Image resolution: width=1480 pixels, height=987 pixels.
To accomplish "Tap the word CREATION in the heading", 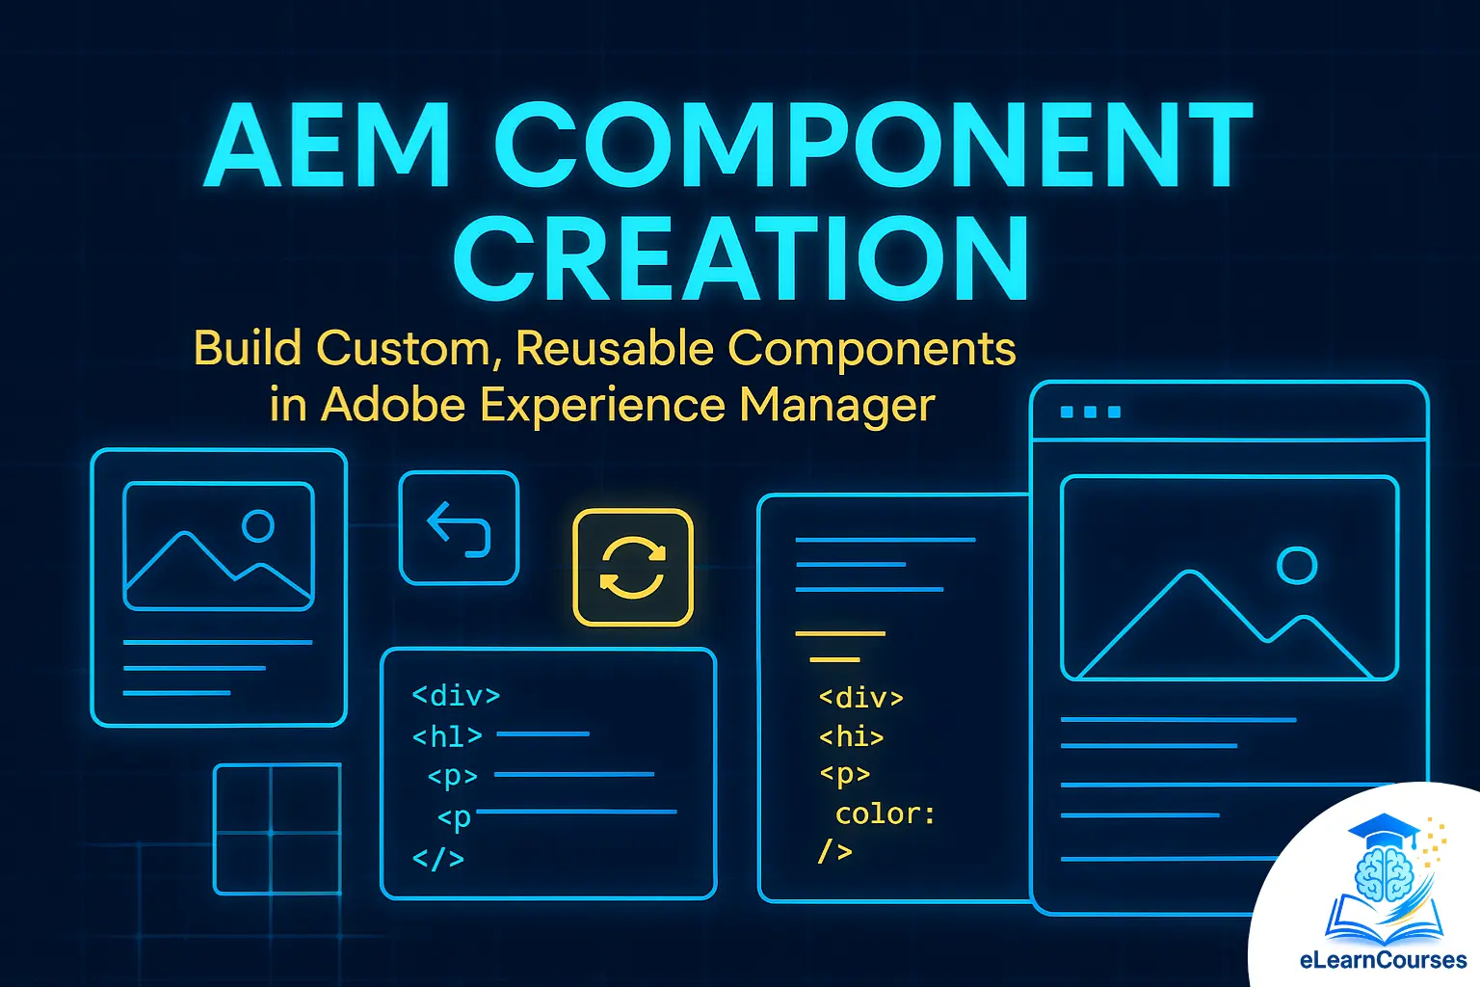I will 741,258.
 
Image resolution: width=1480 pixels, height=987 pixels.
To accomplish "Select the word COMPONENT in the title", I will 873,147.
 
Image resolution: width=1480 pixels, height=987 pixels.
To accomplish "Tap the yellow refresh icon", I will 633,568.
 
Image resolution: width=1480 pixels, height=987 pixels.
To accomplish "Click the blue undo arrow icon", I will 459,528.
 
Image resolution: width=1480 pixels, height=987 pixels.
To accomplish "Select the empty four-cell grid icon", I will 277,829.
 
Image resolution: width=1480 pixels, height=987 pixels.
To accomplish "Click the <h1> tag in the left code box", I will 446,736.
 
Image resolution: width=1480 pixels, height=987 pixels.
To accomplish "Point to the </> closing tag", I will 437,858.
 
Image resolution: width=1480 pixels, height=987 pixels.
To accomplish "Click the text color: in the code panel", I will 885,814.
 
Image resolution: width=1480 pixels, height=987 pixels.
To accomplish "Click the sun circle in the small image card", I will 258,525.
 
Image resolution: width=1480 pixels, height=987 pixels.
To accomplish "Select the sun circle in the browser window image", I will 1297,566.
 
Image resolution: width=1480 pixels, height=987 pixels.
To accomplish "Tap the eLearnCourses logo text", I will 1383,960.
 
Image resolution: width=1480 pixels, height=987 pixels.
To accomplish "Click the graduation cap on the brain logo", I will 1384,828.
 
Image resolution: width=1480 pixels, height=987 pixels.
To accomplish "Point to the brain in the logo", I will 1384,872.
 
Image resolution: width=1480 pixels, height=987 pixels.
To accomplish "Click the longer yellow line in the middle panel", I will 840,633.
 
